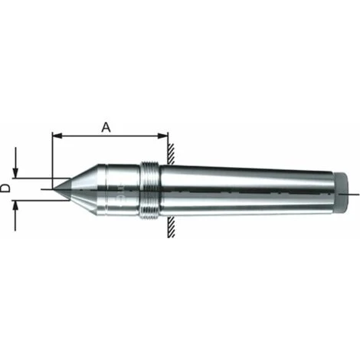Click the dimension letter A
(x=106, y=127)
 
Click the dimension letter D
(x=5, y=188)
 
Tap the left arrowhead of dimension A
(x=57, y=136)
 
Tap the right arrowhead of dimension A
(x=163, y=136)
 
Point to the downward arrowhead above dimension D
(x=15, y=172)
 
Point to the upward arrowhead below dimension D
(x=15, y=206)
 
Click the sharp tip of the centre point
(x=54, y=189)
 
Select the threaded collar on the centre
(x=149, y=191)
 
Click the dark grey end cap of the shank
(x=342, y=193)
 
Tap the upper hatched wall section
(x=171, y=153)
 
